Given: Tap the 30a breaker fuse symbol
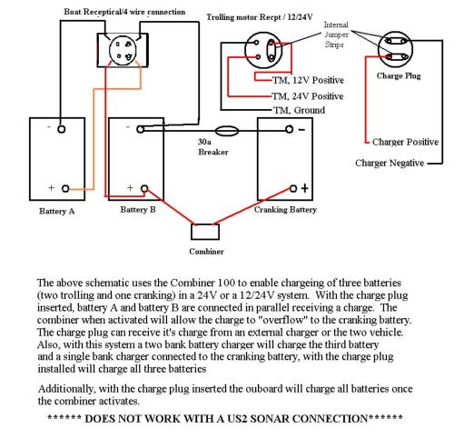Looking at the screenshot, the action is (x=227, y=131).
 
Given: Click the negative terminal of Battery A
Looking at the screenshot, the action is (x=61, y=129).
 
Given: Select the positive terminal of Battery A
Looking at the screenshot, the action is (x=65, y=189).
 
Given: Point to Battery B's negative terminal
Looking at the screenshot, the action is (x=140, y=129).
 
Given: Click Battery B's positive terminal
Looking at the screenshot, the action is (x=144, y=189).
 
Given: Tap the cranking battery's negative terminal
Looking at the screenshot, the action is (x=289, y=129).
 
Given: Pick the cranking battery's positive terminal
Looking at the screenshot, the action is (x=293, y=189).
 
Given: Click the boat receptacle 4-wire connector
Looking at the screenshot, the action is (x=123, y=50).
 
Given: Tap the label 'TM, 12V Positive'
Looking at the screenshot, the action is (x=308, y=80).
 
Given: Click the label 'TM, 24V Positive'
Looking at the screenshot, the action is (x=308, y=96).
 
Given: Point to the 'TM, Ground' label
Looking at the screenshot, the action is (x=299, y=110).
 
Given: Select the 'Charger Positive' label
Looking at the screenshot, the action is (x=405, y=142).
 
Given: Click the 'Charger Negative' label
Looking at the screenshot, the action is (x=390, y=163).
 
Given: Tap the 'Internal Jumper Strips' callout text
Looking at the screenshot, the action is (x=336, y=35).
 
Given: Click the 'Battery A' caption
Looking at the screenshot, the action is (x=56, y=211).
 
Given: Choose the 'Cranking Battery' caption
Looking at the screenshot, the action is (x=285, y=210).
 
